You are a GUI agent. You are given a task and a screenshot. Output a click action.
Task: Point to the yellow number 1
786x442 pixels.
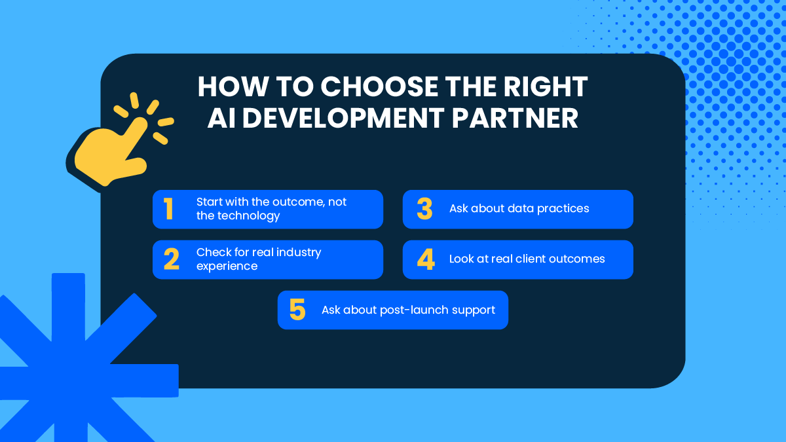coord(168,209)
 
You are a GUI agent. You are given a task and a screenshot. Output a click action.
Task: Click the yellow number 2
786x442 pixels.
coord(171,259)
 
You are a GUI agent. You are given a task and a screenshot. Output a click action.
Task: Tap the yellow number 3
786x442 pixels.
coord(424,209)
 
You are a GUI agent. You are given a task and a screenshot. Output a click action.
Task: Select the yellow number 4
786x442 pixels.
coord(426,259)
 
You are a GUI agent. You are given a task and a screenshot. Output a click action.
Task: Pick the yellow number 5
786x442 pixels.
coord(297,310)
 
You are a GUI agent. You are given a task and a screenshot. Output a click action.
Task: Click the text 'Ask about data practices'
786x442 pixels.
coord(519,208)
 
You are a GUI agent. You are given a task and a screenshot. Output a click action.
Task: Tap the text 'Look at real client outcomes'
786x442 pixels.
coord(527,259)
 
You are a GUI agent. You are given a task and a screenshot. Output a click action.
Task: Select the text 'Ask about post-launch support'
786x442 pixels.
coord(408,310)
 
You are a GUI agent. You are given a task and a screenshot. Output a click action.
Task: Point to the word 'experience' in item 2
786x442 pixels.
coord(227,266)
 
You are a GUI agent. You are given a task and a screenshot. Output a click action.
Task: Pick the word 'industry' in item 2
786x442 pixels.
coord(299,252)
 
